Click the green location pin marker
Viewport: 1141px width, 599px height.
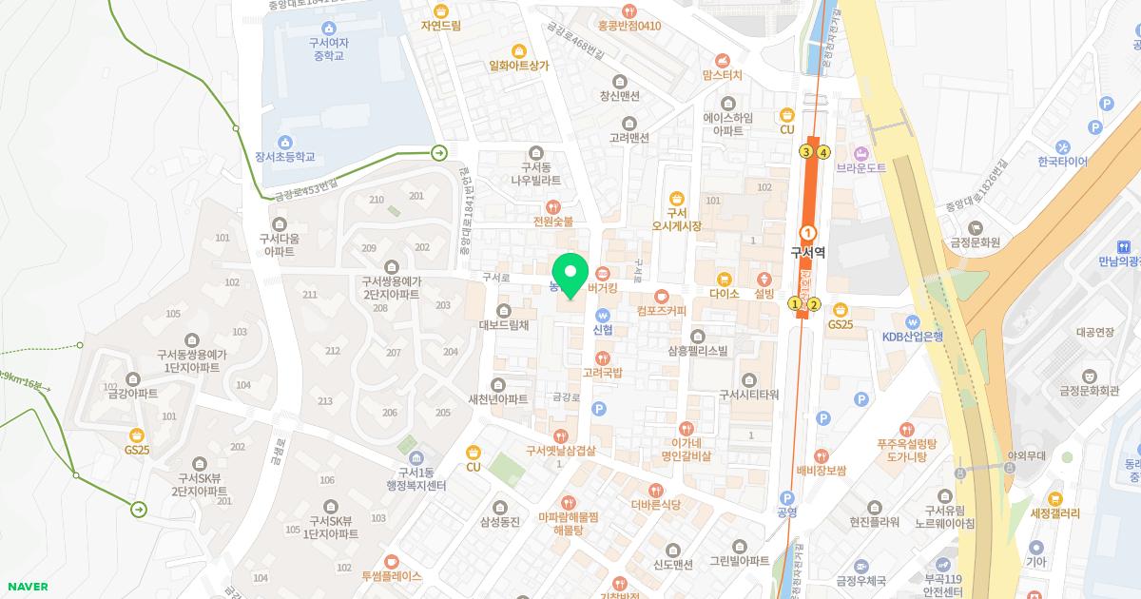coord(570,276)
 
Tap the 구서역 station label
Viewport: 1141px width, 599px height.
coord(808,254)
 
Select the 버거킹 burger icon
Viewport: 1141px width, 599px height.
coord(603,274)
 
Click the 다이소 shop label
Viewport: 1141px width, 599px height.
coord(725,294)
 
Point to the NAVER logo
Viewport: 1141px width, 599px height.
coord(26,587)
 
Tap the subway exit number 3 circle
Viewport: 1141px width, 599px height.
coord(806,151)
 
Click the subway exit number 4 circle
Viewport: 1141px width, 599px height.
coord(824,151)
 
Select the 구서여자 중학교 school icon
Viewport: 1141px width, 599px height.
coord(328,28)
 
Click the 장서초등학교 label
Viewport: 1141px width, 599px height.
coord(284,158)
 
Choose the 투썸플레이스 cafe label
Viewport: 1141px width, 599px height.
coord(391,576)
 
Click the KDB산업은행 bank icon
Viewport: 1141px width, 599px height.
coord(912,321)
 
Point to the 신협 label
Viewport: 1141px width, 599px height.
coord(603,330)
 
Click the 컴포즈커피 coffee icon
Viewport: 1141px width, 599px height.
coord(662,296)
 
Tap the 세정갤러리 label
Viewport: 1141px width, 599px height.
coord(1055,513)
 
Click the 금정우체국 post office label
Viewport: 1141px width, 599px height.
coord(861,580)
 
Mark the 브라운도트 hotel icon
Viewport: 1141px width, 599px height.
coord(861,153)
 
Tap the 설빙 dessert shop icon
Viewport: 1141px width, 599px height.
coord(765,279)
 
